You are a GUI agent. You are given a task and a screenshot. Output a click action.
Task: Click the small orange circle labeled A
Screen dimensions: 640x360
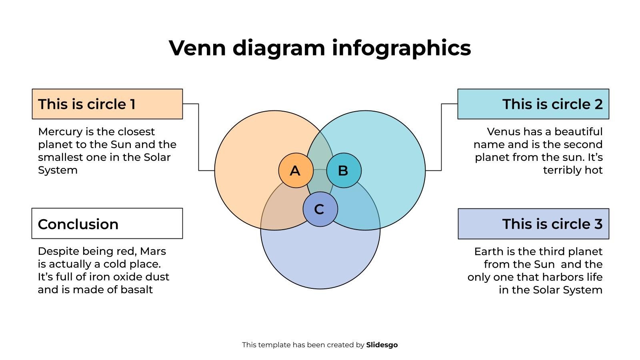[x=296, y=170]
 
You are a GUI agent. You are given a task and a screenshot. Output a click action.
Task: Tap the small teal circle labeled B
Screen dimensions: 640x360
[x=344, y=170]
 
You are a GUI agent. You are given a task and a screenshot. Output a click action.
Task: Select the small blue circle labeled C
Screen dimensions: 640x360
[x=320, y=209]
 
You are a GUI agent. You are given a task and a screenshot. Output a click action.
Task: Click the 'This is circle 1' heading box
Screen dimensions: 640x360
[x=107, y=104]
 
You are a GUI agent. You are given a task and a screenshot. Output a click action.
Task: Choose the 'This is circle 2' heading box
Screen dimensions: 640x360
[x=533, y=104]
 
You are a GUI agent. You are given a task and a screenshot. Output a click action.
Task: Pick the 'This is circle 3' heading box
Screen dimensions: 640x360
[x=534, y=224]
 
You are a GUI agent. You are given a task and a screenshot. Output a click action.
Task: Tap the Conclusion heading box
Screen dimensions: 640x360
[x=107, y=224]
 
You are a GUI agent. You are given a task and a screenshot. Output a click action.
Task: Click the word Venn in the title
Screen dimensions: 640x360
[x=197, y=48]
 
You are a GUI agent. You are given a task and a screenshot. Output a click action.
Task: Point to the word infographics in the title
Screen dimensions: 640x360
[x=402, y=48]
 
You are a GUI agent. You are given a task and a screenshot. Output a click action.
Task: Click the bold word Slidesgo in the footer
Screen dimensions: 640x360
[x=382, y=345]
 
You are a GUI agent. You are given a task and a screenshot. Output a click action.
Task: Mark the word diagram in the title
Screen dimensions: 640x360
[x=279, y=48]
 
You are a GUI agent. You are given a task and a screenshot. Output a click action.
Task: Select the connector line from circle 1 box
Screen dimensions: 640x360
[x=198, y=137]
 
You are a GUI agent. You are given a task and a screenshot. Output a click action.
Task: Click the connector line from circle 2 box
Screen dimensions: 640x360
[x=442, y=137]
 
